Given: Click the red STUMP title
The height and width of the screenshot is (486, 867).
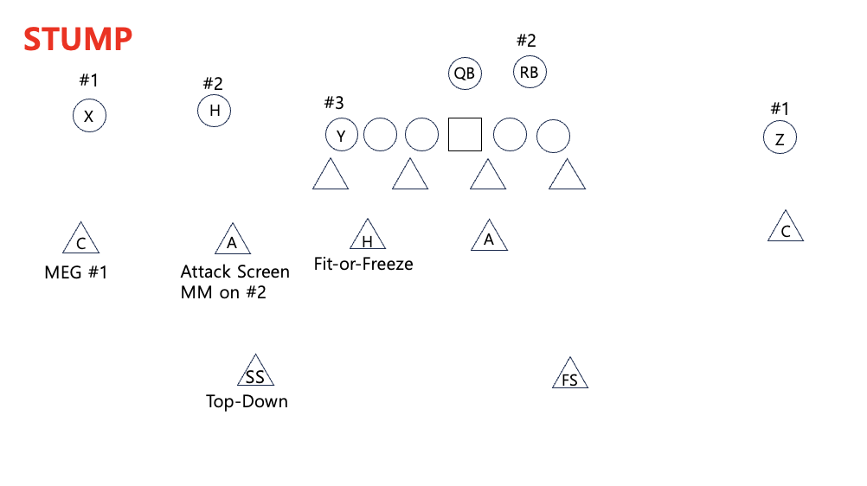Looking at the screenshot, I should [78, 39].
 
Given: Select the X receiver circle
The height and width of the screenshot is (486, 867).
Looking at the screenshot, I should [89, 115].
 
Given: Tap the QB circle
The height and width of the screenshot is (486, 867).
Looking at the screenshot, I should [465, 74].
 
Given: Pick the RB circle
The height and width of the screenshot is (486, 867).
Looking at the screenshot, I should [530, 73].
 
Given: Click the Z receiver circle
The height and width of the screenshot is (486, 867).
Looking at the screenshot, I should [780, 138].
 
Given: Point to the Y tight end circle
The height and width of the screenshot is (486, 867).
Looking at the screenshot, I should [342, 136].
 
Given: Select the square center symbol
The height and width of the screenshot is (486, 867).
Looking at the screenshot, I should [465, 135].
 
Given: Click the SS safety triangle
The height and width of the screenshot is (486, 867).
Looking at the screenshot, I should [255, 373].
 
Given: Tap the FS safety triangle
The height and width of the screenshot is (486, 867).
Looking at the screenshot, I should [570, 375].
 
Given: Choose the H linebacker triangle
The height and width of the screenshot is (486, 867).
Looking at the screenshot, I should [368, 237].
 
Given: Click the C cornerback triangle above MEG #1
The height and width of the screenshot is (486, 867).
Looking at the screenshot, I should [80, 240].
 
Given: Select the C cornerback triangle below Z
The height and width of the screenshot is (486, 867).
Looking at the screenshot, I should [786, 229].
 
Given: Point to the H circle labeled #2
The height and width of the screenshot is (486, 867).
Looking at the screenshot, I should [215, 111].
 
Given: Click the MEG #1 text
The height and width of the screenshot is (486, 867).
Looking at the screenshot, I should [76, 273].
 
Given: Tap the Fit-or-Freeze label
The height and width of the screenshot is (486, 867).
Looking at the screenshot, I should [363, 264].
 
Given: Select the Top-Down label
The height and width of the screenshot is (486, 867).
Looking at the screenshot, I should [247, 401].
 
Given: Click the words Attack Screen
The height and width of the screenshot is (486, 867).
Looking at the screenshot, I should [235, 272].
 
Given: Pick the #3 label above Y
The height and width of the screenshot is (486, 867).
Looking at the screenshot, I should [334, 103].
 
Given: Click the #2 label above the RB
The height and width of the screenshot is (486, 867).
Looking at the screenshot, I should [526, 41].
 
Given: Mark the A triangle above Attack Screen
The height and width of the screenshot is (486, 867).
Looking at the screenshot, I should [232, 240].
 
